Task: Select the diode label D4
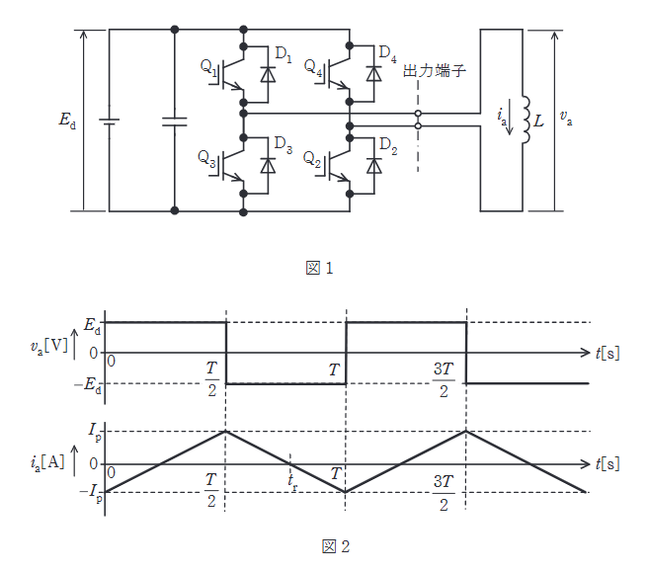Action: click(387, 50)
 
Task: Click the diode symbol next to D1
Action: click(267, 73)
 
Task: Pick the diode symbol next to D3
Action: click(267, 165)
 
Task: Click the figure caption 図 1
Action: click(323, 267)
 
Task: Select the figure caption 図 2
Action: click(323, 546)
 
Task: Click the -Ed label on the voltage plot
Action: click(89, 384)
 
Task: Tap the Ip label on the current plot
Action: click(93, 431)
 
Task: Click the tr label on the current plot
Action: click(292, 480)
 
